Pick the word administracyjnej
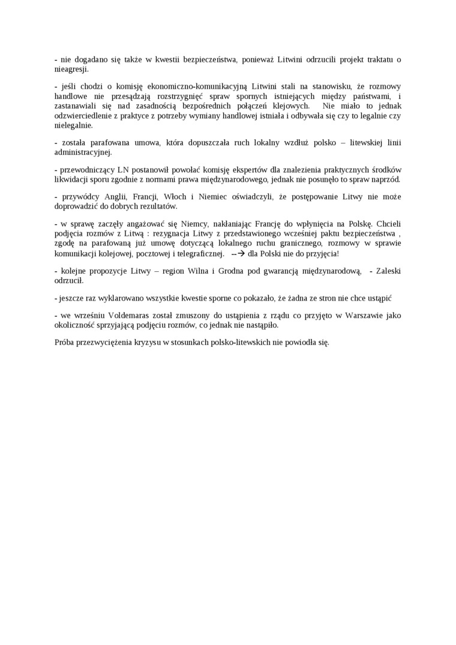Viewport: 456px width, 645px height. click(x=83, y=152)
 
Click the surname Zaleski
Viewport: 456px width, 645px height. click(x=388, y=271)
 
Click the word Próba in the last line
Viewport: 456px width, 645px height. click(x=64, y=343)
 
